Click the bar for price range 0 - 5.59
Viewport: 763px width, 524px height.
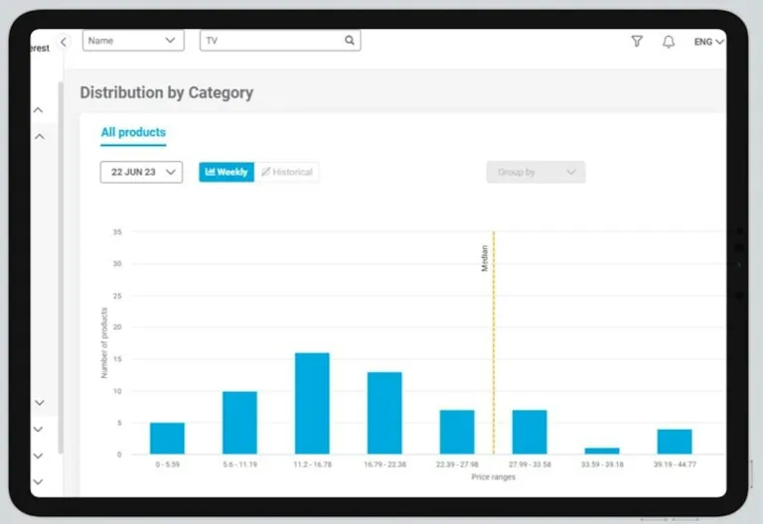coord(167,438)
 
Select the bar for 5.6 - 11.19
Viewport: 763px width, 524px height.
coord(239,423)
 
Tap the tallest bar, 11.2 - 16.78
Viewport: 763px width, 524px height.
coord(312,403)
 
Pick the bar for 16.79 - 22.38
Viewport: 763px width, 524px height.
coord(384,413)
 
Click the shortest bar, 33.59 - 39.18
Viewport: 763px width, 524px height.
coord(602,451)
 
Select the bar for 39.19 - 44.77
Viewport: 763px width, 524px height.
coord(675,441)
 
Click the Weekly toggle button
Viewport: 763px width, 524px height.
coord(227,172)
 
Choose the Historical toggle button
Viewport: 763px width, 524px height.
coord(287,172)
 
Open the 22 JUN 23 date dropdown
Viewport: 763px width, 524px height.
coord(141,172)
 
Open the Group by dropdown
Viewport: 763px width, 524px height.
coord(535,172)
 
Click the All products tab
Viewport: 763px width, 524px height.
coord(133,132)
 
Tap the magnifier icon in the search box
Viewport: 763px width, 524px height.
coord(350,41)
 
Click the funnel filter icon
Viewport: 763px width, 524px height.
coord(637,42)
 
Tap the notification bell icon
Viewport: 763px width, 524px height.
coord(669,42)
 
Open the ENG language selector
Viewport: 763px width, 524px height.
coord(708,42)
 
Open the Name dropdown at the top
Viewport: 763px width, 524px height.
coord(133,41)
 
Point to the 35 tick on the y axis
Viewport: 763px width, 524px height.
coord(117,232)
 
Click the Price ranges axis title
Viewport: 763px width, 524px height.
coord(494,477)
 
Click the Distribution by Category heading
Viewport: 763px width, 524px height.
coord(167,92)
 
